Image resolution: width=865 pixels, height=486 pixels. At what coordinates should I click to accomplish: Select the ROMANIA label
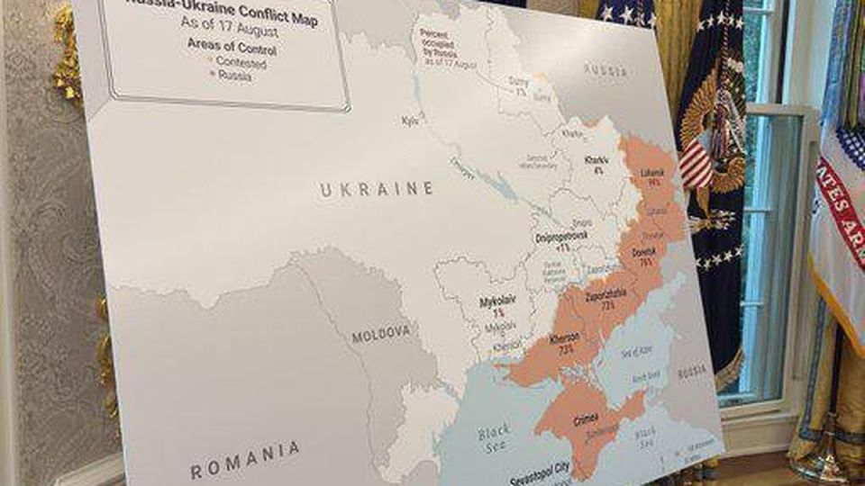pos(245,460)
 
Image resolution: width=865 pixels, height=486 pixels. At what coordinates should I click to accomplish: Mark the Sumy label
pos(519,83)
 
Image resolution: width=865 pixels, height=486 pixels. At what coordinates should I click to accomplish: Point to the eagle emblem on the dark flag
pos(711,144)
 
